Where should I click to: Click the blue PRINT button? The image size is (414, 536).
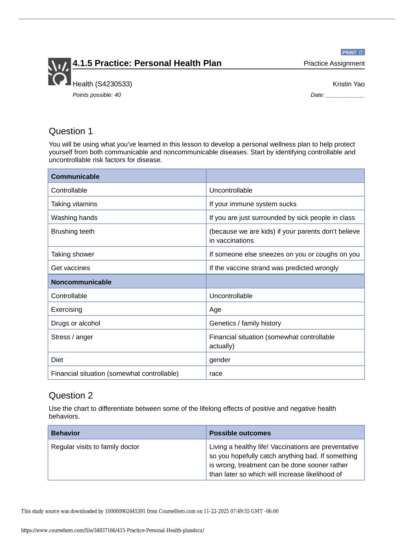tap(353, 52)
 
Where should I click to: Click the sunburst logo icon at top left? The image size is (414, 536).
tap(59, 72)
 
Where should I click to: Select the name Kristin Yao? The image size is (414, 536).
tap(348, 84)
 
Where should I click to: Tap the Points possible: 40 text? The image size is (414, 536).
tap(97, 95)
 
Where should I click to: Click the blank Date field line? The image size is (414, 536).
tap(345, 96)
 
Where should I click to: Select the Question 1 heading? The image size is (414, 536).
tap(71, 131)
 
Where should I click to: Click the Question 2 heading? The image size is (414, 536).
tap(71, 396)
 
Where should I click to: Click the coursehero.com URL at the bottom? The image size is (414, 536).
tap(113, 530)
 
